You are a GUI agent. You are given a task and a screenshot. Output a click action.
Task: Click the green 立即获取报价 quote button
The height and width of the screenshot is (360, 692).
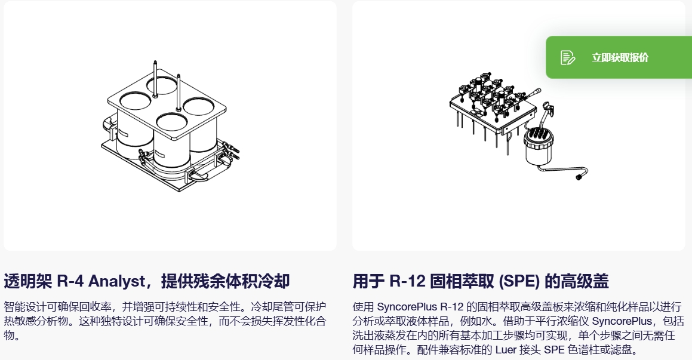click(x=619, y=57)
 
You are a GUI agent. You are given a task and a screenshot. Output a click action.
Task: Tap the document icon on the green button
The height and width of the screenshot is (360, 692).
click(x=568, y=57)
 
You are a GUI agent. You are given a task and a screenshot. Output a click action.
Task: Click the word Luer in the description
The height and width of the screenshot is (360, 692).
click(x=505, y=350)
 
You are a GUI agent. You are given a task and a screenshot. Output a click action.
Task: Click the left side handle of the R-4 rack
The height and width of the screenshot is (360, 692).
click(x=109, y=125)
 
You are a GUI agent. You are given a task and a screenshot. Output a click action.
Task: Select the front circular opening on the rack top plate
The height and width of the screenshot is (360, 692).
click(x=172, y=122)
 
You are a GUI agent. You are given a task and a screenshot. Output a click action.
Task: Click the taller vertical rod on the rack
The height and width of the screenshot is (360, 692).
click(x=155, y=79)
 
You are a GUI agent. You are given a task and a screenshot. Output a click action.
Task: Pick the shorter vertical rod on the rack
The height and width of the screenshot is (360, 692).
click(x=179, y=92)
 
